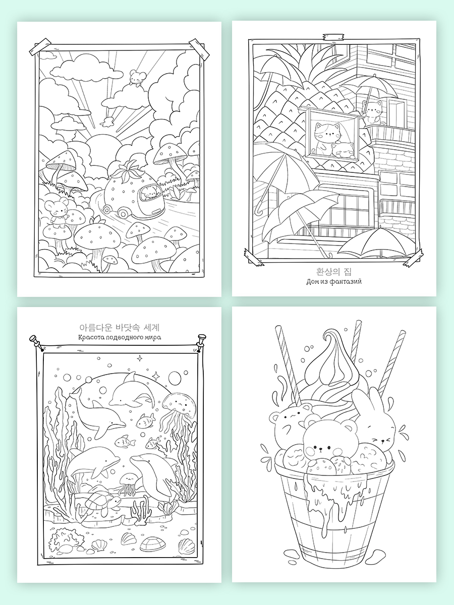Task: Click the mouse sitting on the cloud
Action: pyautogui.click(x=135, y=78)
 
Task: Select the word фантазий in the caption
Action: pyautogui.click(x=346, y=282)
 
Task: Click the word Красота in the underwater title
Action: pyautogui.click(x=90, y=337)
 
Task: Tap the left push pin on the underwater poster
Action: pyautogui.click(x=36, y=342)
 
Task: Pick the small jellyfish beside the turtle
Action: pyautogui.click(x=127, y=482)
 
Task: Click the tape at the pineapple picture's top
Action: pyautogui.click(x=333, y=36)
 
